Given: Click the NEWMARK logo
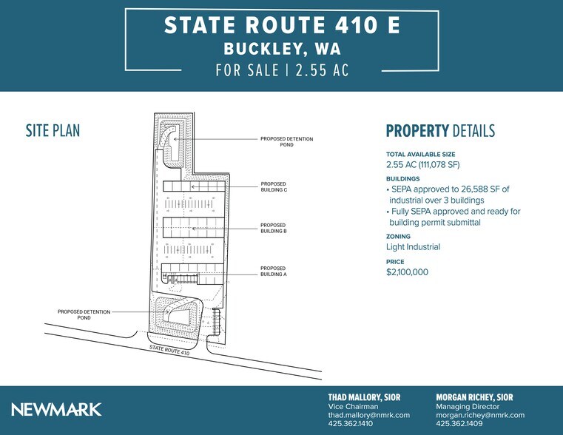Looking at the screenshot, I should pos(56,409).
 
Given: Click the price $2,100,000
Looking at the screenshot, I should pos(407,272).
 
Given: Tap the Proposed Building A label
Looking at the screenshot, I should pos(273,271).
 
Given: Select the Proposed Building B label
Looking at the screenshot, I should pos(273,228).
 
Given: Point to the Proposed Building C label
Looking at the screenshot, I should pos(273,186).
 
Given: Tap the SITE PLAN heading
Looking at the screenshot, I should pos(53,132).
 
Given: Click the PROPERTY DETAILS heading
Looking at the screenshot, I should pos(440,132).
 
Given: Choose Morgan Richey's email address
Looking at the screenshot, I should pos(480,415).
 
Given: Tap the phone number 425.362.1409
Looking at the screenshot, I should pos(460,424).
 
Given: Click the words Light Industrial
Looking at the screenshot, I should pos(413,247).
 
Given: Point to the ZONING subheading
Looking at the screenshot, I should pos(398,237).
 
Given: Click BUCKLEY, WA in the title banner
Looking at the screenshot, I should pos(282,50).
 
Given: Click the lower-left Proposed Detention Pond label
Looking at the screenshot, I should pos(84,314).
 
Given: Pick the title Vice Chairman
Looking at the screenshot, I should pos(353,406).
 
